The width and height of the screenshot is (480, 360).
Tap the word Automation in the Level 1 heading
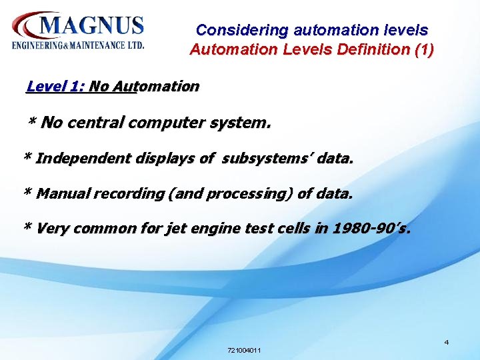[x=155, y=86]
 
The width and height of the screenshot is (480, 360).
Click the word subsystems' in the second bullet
[x=267, y=159]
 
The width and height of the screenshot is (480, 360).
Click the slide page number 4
[x=447, y=343]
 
